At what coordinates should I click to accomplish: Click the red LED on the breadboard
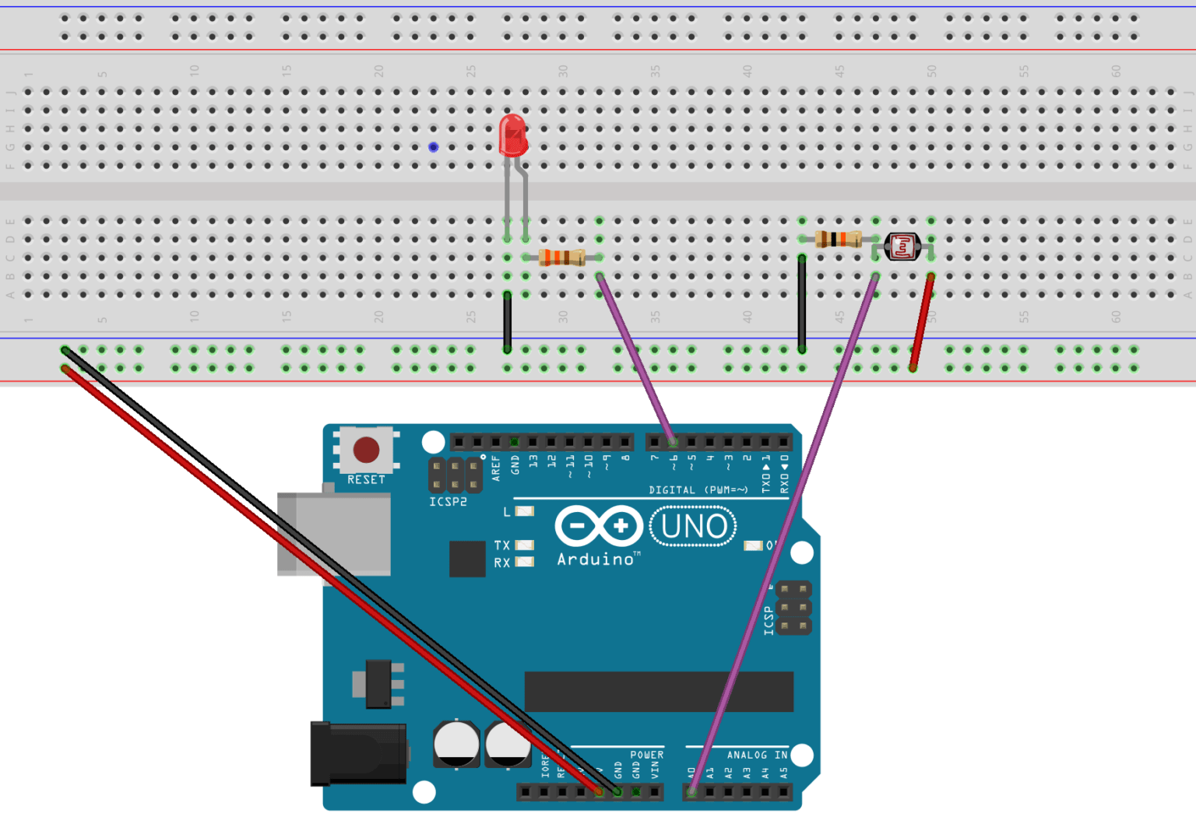(x=513, y=136)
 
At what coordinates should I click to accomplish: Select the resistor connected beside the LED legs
(x=561, y=257)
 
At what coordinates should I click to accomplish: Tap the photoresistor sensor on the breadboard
(x=902, y=247)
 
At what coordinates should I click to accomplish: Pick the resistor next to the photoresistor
(x=838, y=239)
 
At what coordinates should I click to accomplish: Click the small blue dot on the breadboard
(x=434, y=147)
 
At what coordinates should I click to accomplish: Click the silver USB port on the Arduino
(x=335, y=535)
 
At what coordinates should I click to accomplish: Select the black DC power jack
(x=358, y=753)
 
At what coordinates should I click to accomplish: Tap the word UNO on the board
(x=694, y=527)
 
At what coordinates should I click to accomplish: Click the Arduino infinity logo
(x=598, y=526)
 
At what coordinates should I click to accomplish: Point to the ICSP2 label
(x=448, y=502)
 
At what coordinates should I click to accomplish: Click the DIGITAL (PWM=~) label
(x=698, y=489)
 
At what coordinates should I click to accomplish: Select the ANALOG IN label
(x=757, y=755)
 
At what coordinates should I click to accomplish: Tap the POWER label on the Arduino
(x=646, y=755)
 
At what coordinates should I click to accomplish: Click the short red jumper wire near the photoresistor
(x=921, y=321)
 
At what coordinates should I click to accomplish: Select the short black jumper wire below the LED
(x=508, y=321)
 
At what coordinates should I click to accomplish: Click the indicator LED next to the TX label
(x=525, y=545)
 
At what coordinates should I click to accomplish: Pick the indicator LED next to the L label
(x=525, y=511)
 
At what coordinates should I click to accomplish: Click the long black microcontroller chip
(x=659, y=691)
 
